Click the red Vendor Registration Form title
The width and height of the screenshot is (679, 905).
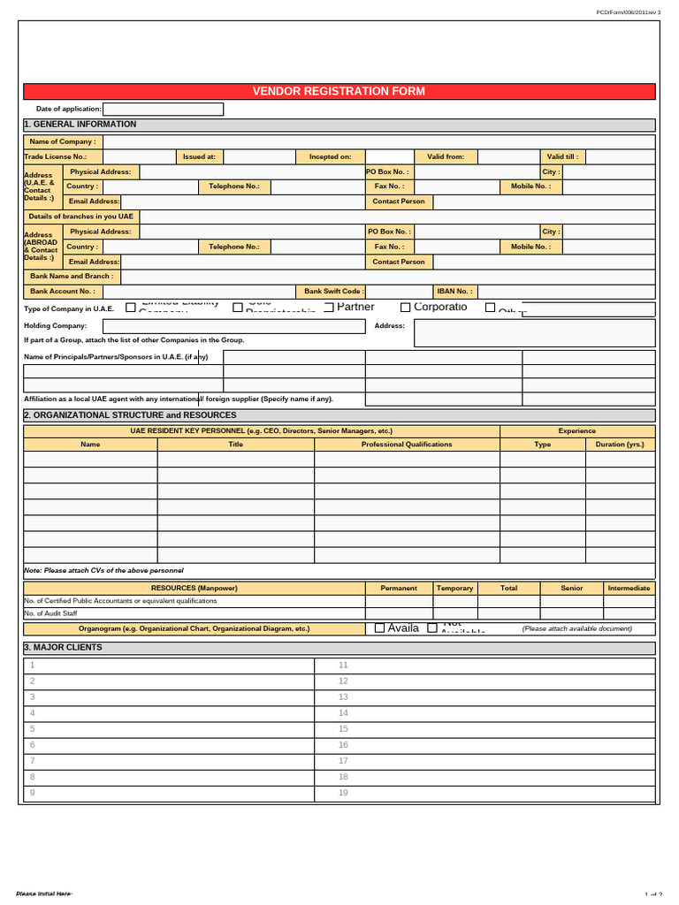point(339,91)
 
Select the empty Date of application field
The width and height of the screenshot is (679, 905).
point(164,109)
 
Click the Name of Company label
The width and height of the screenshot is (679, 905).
point(64,141)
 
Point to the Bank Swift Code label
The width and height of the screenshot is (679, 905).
point(332,291)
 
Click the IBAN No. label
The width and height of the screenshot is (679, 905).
point(454,291)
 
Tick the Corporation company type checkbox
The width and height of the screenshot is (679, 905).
point(406,307)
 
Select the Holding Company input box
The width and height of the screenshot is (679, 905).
point(246,326)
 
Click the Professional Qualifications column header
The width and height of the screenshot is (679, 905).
point(407,445)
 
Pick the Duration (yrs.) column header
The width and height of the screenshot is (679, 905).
point(620,445)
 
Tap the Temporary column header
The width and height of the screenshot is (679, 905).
point(454,588)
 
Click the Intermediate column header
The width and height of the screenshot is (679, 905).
point(629,588)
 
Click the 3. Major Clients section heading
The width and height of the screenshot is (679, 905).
point(63,648)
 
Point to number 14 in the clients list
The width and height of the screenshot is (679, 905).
point(344,712)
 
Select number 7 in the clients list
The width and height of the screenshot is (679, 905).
point(33,760)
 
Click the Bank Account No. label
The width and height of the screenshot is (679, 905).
point(62,291)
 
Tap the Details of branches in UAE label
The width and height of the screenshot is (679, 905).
point(81,217)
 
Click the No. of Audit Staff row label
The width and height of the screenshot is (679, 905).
point(50,613)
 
